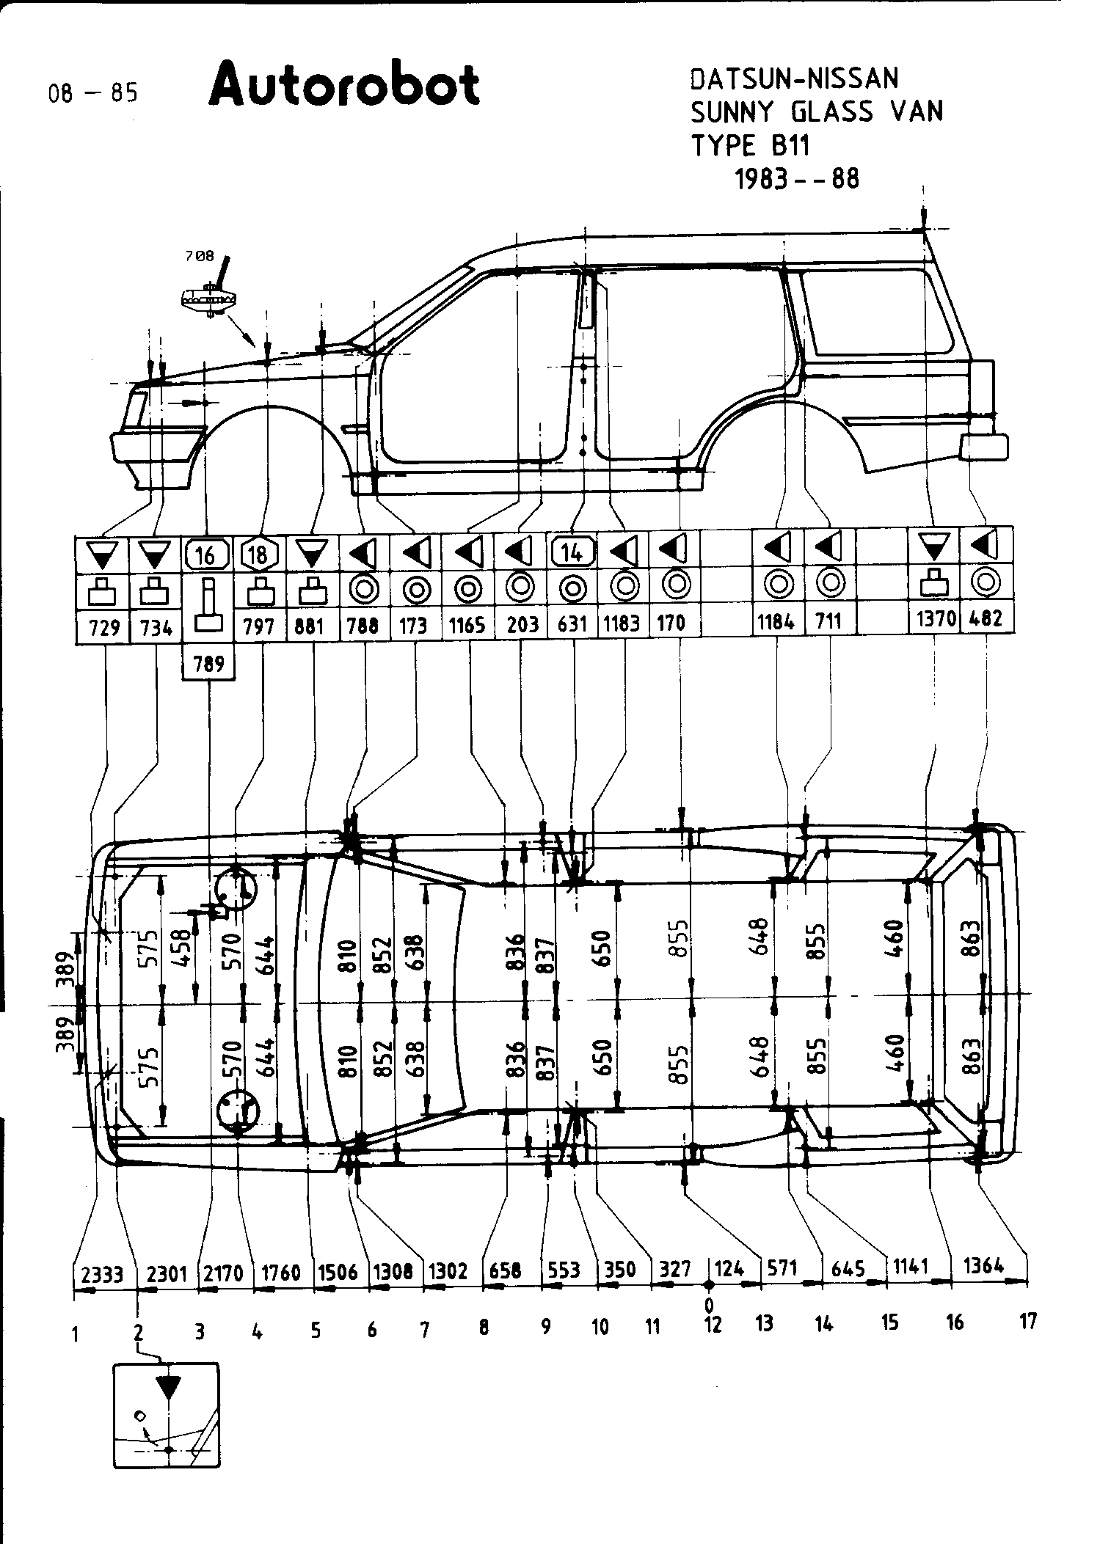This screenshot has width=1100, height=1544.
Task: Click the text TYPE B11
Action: click(750, 147)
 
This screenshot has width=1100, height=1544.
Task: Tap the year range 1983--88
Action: click(796, 179)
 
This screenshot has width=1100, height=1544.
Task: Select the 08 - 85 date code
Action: click(92, 94)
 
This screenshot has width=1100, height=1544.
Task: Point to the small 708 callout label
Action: click(200, 256)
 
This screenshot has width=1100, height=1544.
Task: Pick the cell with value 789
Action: click(208, 665)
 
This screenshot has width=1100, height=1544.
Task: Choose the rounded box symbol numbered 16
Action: click(207, 555)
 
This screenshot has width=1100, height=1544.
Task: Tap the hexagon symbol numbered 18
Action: click(258, 555)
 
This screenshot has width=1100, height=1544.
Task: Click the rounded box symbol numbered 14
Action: click(572, 552)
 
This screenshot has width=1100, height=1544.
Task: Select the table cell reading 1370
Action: click(936, 620)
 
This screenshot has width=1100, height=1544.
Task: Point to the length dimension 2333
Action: click(102, 1273)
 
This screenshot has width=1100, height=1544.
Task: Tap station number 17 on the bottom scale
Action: click(1028, 1321)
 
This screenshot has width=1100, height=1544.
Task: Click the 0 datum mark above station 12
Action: click(709, 1305)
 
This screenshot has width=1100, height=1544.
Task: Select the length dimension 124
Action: click(729, 1268)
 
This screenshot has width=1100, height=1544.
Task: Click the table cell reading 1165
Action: click(467, 625)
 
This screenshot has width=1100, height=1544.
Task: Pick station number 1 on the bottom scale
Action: click(76, 1335)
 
